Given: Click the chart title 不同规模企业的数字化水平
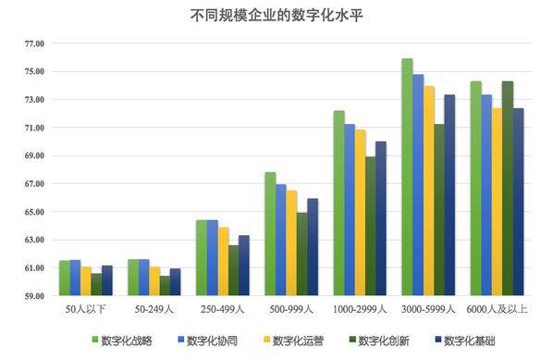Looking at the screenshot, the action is click(x=276, y=16).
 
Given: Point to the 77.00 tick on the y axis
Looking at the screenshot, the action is click(x=34, y=43).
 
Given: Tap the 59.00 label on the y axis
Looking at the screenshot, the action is click(x=34, y=296).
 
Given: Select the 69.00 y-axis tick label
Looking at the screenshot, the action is click(x=34, y=155).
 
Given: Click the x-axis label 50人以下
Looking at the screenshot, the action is click(x=85, y=309).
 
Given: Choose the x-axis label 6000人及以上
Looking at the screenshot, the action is click(x=497, y=309).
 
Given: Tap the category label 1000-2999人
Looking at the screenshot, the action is click(x=360, y=309).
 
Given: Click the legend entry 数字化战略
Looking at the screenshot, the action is click(x=122, y=341).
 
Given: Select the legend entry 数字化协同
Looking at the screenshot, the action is click(x=208, y=341).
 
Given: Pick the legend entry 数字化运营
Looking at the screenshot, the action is click(x=293, y=341).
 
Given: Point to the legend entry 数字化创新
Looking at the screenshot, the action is click(x=379, y=341).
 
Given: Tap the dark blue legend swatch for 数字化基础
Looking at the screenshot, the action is click(x=438, y=340).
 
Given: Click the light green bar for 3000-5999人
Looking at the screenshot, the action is click(x=407, y=177).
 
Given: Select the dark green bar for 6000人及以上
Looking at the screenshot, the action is click(x=508, y=189).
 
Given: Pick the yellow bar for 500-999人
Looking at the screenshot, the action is click(x=291, y=243).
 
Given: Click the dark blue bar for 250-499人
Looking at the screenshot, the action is click(x=244, y=266).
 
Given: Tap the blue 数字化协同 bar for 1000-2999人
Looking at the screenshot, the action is click(x=350, y=210).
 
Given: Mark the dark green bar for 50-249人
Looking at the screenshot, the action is click(x=165, y=286).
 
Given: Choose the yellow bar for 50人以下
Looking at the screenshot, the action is click(x=86, y=281).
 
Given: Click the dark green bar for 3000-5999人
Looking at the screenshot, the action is click(x=439, y=210).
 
